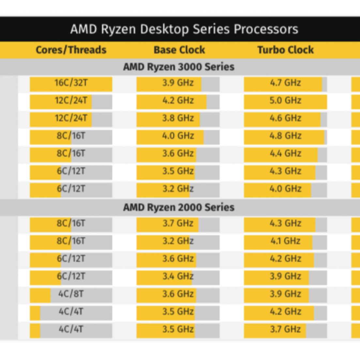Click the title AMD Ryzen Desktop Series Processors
184,29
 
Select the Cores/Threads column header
71,50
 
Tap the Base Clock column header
179,50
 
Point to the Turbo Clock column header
285,50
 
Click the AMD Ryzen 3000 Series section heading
179,67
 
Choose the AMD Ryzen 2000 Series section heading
179,207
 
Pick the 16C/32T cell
71,83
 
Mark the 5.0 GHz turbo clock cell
285,100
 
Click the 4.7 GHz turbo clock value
285,83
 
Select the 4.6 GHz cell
285,118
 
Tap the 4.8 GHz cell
285,136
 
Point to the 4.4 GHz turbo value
285,153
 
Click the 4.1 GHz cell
285,241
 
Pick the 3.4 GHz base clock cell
178,277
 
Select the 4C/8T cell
71,294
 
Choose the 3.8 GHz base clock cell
178,118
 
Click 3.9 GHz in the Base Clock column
178,83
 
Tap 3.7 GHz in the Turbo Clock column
285,329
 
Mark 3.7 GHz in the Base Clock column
178,224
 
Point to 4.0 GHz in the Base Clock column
178,136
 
